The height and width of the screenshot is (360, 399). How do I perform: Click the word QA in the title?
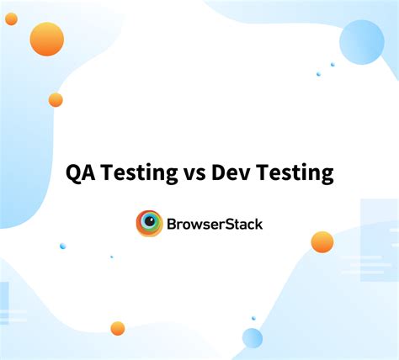[x=82, y=173]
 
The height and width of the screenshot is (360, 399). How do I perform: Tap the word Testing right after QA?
[x=136, y=174]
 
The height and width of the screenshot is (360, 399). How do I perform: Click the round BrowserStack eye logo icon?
[x=150, y=224]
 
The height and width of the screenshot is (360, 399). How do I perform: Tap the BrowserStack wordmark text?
[x=215, y=224]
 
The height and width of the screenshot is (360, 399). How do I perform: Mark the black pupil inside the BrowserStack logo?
[x=151, y=223]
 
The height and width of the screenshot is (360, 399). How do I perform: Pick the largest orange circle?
[x=46, y=39]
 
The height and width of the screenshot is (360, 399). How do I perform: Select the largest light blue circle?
[x=362, y=42]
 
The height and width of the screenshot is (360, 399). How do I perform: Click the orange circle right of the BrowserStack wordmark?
[x=322, y=242]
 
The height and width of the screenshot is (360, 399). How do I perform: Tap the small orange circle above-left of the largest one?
[x=11, y=19]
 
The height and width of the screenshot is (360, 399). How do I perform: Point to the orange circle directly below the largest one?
[x=56, y=100]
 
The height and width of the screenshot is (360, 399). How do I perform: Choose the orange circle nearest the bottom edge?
[x=118, y=328]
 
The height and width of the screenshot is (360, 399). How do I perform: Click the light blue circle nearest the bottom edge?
[x=253, y=338]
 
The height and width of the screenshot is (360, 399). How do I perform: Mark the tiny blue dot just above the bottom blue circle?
[x=253, y=318]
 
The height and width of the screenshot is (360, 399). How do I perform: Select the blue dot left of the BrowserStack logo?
[x=62, y=246]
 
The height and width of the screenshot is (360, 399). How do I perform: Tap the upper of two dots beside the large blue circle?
[x=332, y=64]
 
